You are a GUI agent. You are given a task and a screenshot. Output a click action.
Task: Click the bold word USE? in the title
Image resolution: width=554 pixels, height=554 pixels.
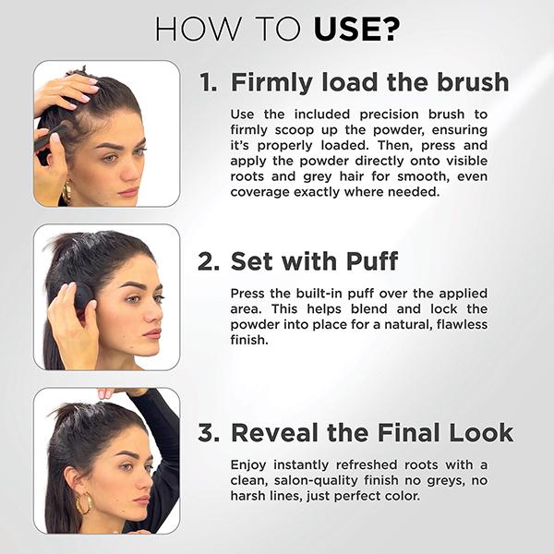[356, 29]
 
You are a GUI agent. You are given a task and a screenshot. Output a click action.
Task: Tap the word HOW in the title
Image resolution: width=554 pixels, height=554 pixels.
[199, 29]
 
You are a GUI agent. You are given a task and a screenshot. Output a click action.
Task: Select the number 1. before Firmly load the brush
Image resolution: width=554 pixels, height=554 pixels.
[208, 82]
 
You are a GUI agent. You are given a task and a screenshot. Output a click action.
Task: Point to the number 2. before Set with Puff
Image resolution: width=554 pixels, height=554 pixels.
[209, 261]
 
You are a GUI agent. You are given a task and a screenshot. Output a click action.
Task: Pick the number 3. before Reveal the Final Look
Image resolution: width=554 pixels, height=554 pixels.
[209, 432]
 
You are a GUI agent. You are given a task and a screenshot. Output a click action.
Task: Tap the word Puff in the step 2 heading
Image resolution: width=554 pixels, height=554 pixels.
[372, 261]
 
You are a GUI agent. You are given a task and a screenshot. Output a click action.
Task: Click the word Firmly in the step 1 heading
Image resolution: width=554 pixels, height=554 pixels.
[271, 83]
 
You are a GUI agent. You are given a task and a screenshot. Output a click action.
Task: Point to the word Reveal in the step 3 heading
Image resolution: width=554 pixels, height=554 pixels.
[275, 432]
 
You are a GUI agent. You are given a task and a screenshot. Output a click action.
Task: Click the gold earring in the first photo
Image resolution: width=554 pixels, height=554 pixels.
[66, 193]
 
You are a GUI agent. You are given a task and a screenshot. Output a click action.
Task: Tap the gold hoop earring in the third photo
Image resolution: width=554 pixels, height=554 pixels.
[84, 503]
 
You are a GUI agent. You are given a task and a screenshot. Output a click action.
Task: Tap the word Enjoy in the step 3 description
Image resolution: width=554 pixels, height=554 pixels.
[248, 465]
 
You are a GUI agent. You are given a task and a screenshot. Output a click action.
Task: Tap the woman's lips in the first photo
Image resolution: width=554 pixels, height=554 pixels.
[128, 192]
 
